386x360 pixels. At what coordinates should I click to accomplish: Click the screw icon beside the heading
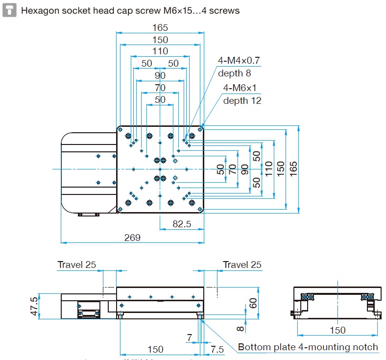[x=8, y=9]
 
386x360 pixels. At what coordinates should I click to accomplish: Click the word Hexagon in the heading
[x=39, y=10]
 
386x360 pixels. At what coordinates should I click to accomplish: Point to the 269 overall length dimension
[x=132, y=238]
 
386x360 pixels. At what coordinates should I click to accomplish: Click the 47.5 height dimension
[x=34, y=306]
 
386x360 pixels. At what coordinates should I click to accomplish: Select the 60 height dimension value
[x=253, y=303]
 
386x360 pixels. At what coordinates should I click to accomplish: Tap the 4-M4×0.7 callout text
[x=239, y=61]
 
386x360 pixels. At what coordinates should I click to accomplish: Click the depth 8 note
[x=234, y=73]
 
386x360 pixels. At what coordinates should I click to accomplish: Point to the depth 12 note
[x=242, y=100]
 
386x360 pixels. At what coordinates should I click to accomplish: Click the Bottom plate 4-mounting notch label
[x=308, y=347]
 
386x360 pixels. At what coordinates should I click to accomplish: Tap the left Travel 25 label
[x=77, y=265]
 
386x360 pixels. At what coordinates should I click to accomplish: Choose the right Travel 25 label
[x=242, y=265]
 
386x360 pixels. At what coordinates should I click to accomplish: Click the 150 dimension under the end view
[x=338, y=330]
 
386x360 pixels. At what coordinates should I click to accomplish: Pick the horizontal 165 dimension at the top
[x=160, y=28]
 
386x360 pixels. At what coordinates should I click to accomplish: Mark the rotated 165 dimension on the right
[x=293, y=169]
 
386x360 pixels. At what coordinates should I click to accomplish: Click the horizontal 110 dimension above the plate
[x=160, y=51]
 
